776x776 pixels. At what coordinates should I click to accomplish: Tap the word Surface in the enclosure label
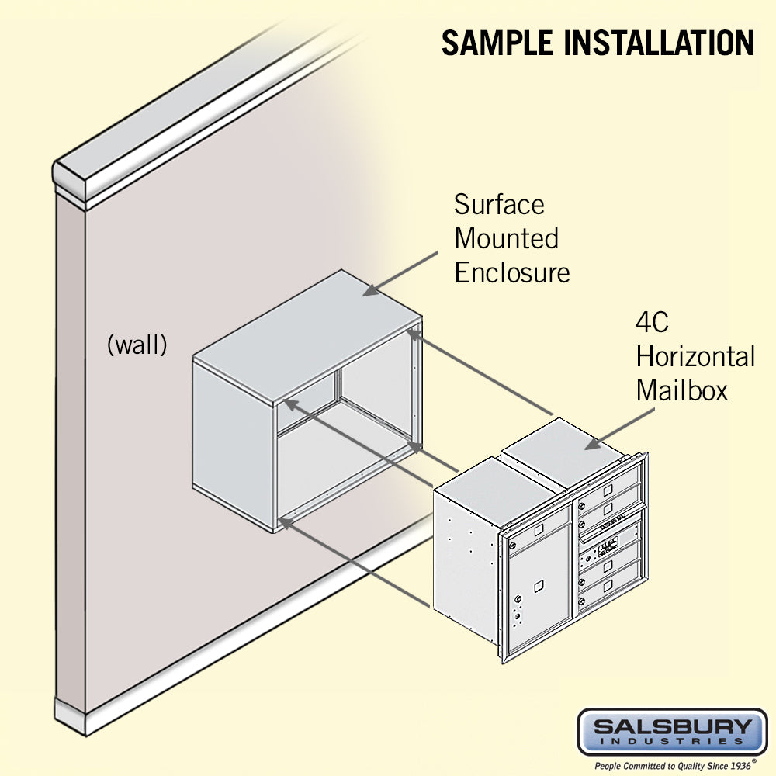499,205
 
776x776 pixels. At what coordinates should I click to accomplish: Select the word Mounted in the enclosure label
506,238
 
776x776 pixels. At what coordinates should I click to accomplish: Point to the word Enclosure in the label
511,272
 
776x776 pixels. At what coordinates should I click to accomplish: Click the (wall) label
137,345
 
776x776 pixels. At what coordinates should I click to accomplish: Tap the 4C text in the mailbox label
653,323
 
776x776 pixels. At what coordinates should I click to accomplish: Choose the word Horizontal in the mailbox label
695,357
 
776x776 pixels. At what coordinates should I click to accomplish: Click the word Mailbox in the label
682,390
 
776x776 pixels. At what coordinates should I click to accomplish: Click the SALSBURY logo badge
672,731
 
